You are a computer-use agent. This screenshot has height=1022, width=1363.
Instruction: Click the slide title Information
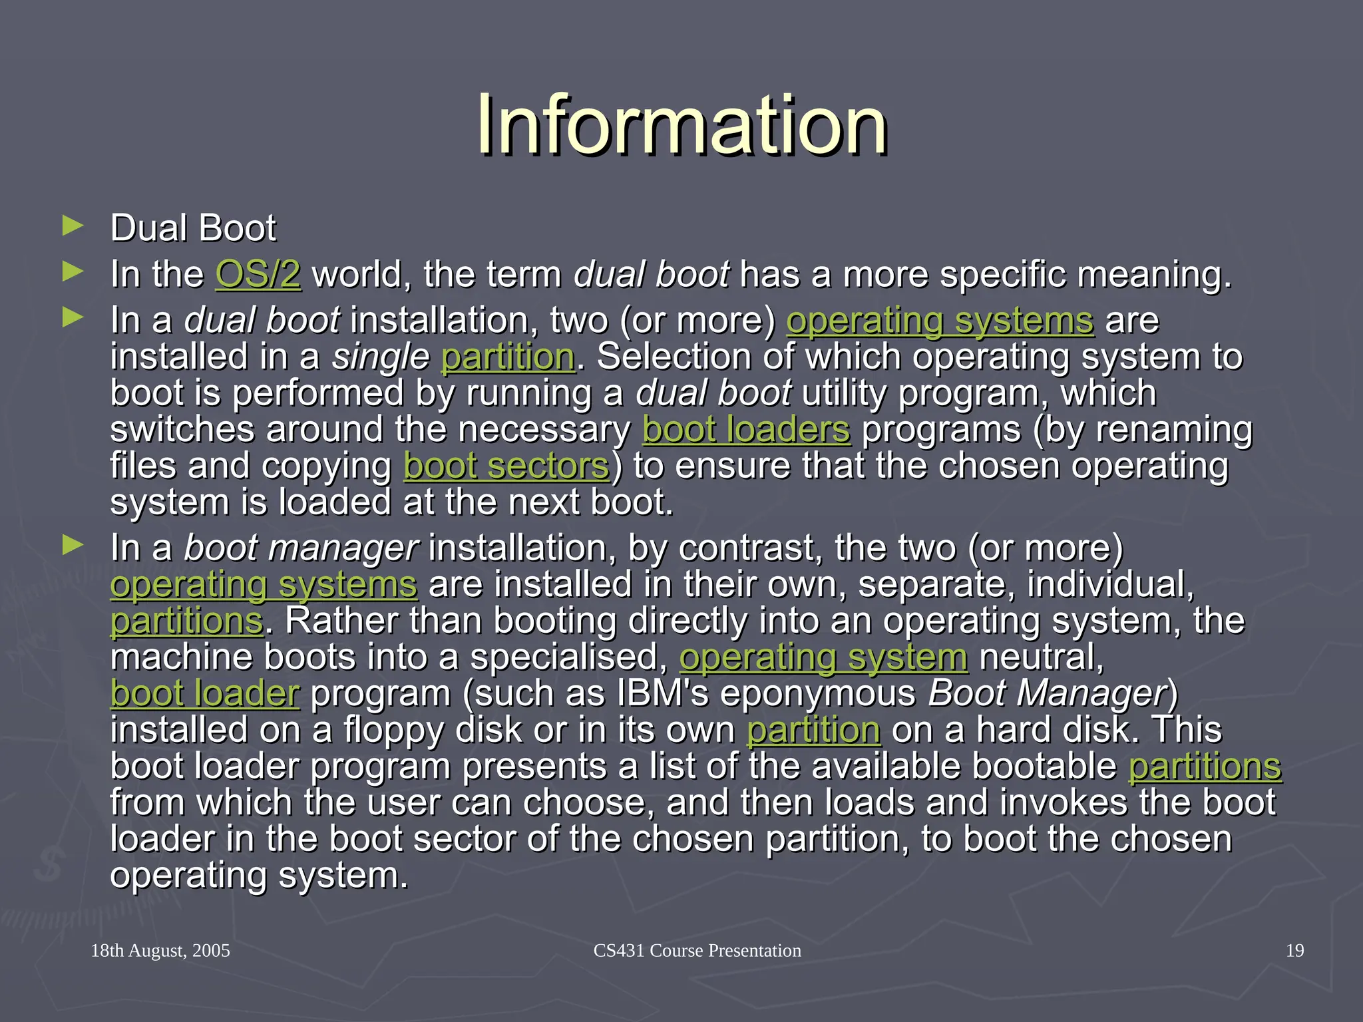pyautogui.click(x=681, y=125)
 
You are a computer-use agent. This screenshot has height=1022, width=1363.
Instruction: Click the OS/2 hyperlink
pyautogui.click(x=258, y=274)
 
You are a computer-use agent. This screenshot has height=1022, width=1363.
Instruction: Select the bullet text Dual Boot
pyautogui.click(x=193, y=228)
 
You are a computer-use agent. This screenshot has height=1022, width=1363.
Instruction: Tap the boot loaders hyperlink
pyautogui.click(x=746, y=430)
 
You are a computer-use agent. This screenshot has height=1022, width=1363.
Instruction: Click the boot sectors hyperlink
pyautogui.click(x=506, y=466)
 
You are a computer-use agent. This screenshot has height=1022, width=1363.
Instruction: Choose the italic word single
pyautogui.click(x=381, y=357)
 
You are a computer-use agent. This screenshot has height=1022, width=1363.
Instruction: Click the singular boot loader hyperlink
pyautogui.click(x=205, y=693)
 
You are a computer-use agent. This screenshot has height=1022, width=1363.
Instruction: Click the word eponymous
pyautogui.click(x=818, y=693)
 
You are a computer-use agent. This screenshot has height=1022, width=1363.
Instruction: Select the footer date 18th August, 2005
pyautogui.click(x=160, y=950)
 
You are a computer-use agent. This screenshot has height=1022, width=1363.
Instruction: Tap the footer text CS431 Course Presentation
pyautogui.click(x=697, y=950)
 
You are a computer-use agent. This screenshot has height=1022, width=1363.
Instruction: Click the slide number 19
pyautogui.click(x=1294, y=950)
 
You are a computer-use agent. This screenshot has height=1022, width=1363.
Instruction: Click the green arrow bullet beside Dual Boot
pyautogui.click(x=73, y=226)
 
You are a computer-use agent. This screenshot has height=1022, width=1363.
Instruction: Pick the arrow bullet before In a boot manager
pyautogui.click(x=73, y=546)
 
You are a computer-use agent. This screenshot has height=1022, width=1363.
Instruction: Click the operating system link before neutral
pyautogui.click(x=823, y=657)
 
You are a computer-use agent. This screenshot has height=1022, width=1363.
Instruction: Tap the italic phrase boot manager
pyautogui.click(x=301, y=548)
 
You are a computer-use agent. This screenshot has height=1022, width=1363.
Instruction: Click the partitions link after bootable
pyautogui.click(x=1205, y=766)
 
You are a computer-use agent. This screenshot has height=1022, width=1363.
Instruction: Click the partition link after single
pyautogui.click(x=508, y=357)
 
